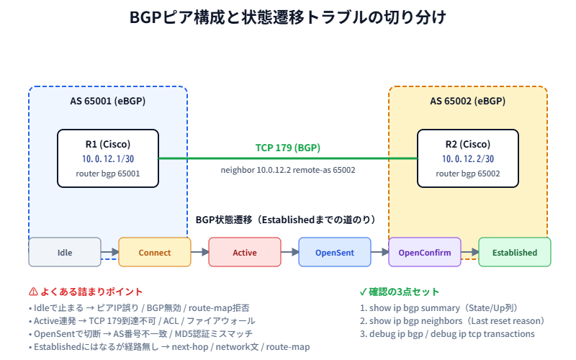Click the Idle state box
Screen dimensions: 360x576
tap(65, 253)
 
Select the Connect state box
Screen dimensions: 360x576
tap(155, 253)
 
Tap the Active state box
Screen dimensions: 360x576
tap(245, 253)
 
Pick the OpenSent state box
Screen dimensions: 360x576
tap(335, 253)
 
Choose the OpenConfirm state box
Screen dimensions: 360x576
tap(425, 253)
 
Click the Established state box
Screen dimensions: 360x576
tap(515, 253)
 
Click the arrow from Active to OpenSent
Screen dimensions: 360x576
tap(289, 253)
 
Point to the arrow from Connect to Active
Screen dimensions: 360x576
tap(199, 253)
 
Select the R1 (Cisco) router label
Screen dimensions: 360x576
tap(108, 143)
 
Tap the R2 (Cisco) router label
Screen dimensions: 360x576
tap(468, 143)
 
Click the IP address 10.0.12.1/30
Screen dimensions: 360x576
tap(108, 158)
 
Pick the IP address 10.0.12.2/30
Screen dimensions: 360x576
tap(468, 158)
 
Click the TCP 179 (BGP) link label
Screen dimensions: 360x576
tap(288, 148)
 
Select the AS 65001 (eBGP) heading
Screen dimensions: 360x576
tap(108, 101)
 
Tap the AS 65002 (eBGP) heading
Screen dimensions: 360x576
tap(468, 101)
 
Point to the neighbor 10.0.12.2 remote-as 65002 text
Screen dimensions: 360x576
tap(288, 170)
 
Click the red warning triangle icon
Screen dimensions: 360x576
tap(33, 292)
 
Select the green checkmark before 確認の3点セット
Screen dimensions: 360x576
tap(363, 292)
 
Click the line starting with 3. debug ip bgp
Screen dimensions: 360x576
tap(446, 333)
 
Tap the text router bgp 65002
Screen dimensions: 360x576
tap(468, 174)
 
